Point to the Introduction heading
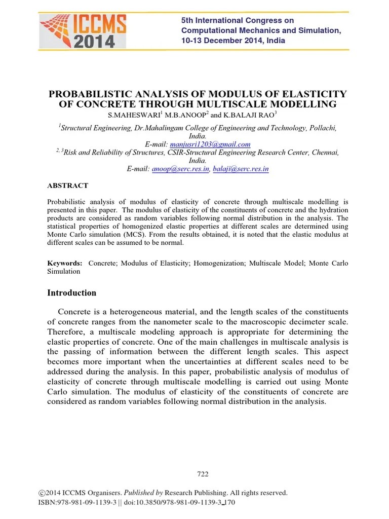[71, 292]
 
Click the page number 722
[203, 474]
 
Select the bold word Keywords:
[65, 263]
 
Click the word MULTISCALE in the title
[253, 104]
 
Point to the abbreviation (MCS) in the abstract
[131, 235]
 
